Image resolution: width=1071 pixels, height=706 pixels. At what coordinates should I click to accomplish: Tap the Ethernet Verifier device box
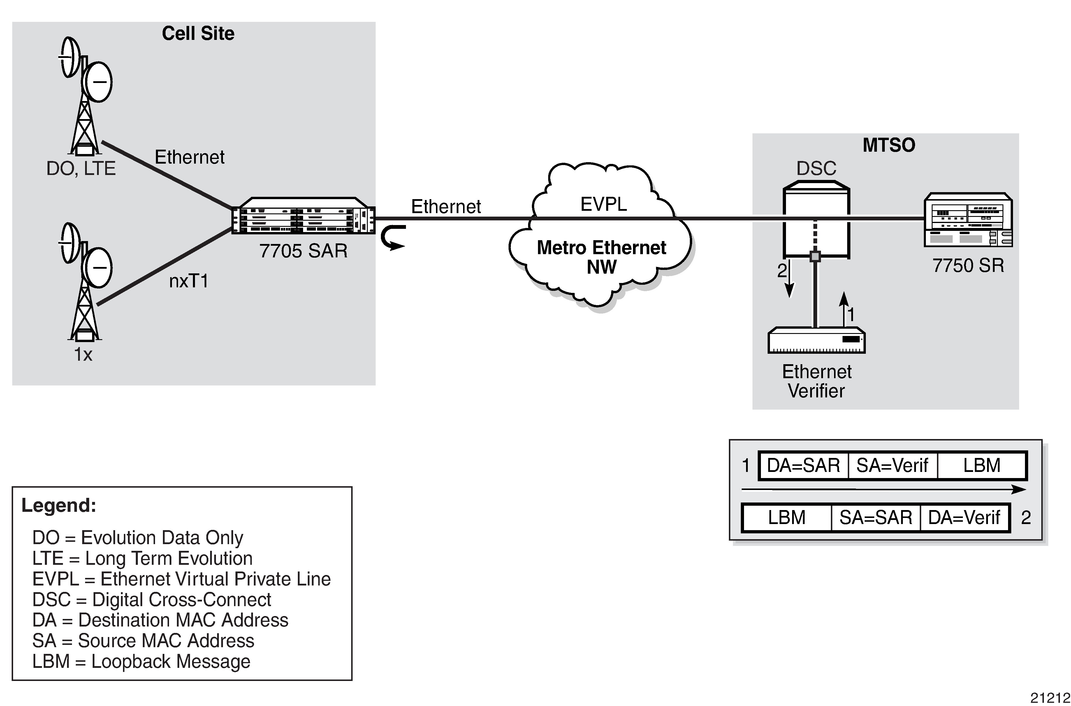tap(816, 340)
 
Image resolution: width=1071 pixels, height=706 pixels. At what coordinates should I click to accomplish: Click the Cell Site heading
tap(198, 34)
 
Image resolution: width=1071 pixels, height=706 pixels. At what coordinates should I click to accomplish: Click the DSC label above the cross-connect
tap(816, 168)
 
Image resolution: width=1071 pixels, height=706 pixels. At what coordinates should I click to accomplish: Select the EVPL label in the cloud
tap(603, 204)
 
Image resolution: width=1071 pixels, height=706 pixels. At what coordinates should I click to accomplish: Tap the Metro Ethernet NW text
tap(601, 257)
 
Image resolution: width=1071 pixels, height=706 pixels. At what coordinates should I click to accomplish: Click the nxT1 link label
tap(189, 281)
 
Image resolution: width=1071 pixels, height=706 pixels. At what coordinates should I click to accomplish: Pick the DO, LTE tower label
tap(81, 168)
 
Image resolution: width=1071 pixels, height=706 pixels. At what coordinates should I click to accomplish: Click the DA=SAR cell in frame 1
tap(803, 466)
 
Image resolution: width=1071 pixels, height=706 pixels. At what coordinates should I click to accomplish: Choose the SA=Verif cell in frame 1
tap(892, 466)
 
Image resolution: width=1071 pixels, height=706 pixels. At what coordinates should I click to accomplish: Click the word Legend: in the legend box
tap(59, 505)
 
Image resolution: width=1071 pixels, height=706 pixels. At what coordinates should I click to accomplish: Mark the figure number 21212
tap(1050, 698)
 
